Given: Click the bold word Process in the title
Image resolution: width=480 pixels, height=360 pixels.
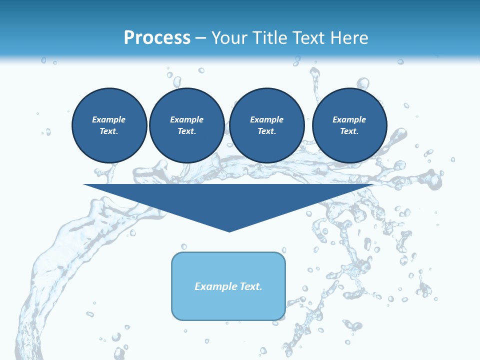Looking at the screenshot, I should [157, 37].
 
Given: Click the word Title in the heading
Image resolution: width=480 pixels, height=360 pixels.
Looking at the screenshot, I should [270, 37].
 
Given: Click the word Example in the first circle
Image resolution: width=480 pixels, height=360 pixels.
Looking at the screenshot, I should [109, 119].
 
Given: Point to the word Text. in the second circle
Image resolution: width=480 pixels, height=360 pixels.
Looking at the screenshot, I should [186, 131].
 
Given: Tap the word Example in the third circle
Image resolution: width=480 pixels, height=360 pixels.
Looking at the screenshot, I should [266, 119].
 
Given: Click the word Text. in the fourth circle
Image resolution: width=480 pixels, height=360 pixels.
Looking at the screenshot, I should [349, 131].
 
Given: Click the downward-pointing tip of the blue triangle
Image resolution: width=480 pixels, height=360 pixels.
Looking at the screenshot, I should [229, 230].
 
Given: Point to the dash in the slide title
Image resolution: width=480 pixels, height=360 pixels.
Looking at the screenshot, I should [200, 38].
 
